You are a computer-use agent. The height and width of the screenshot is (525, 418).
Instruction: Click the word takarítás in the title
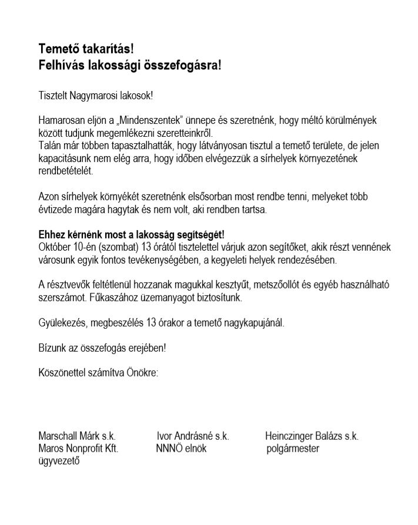[x=105, y=49]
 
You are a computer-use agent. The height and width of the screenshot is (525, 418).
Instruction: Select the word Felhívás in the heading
[x=61, y=64]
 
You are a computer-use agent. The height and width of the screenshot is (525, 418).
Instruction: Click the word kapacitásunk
[x=63, y=159]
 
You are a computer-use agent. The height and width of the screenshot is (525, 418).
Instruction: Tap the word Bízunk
[x=52, y=348]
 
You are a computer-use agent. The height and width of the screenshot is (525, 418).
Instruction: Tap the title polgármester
[x=292, y=449]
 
